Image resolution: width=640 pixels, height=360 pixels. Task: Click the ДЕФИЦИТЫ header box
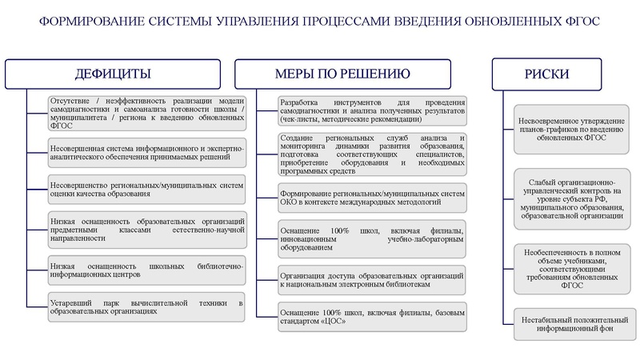click(x=114, y=74)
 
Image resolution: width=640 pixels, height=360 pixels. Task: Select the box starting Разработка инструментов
click(x=372, y=110)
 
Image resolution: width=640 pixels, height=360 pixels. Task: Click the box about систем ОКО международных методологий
click(x=372, y=197)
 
